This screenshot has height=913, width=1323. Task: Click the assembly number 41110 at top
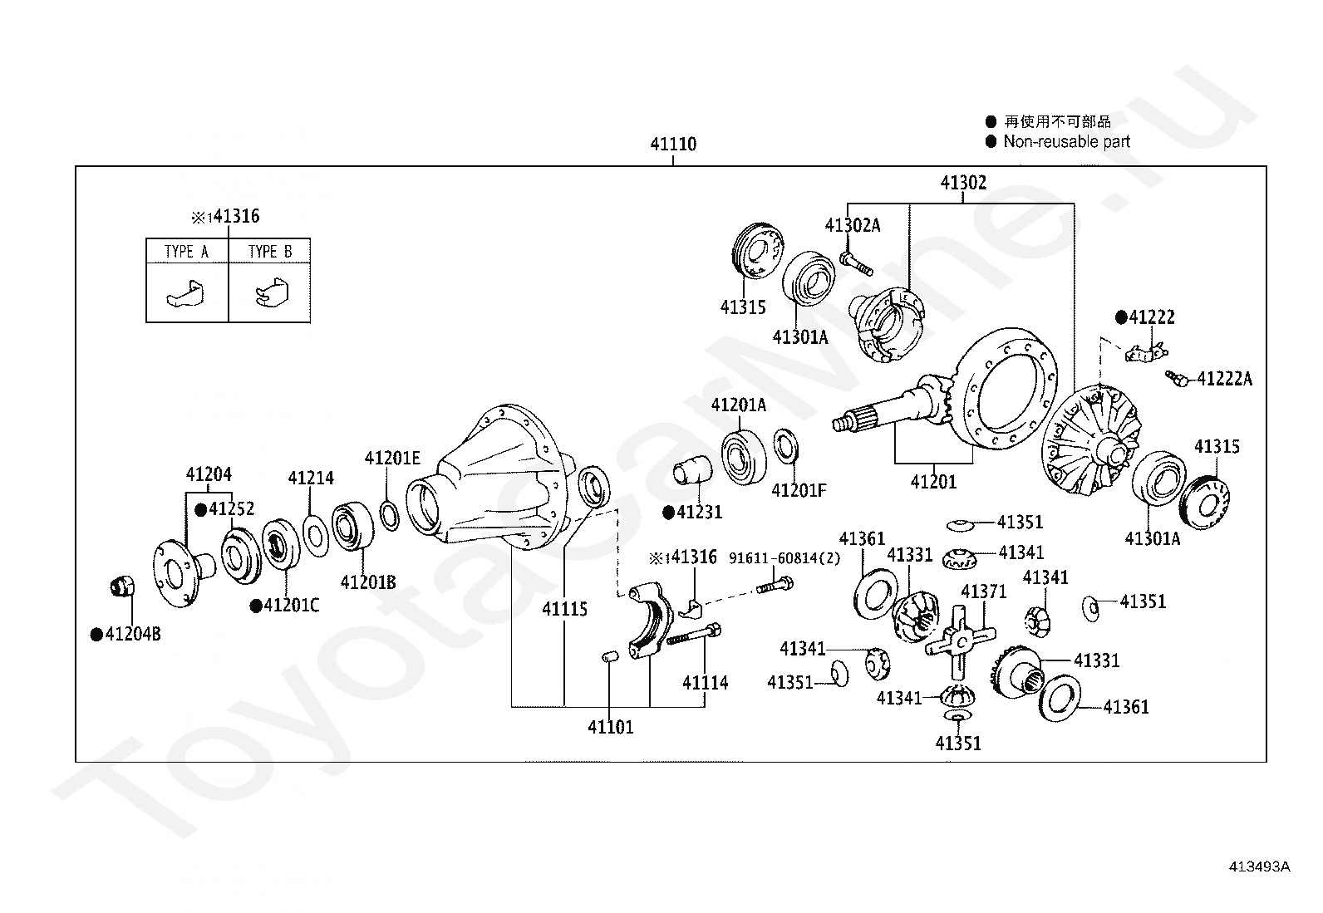pos(673,144)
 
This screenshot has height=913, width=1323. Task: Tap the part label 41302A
pos(853,225)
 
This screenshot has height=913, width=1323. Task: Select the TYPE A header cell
pos(187,251)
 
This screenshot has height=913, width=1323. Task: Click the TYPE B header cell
pos(270,251)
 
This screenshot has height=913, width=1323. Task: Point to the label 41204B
pos(133,634)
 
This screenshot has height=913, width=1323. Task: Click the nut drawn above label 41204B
pos(123,587)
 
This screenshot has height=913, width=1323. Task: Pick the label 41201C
pos(292,606)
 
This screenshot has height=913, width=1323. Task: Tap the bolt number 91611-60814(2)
pos(784,558)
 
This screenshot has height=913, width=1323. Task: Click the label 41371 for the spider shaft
pos(983,591)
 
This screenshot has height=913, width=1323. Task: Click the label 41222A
pos(1225,379)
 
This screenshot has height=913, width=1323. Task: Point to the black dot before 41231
pos(669,513)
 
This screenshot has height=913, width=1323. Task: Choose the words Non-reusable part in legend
pos(1067,142)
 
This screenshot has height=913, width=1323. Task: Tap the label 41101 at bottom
pos(610,727)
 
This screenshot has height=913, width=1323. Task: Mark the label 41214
pos(311,478)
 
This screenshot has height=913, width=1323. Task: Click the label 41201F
pos(799,490)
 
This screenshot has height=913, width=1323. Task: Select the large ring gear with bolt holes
pos(1006,388)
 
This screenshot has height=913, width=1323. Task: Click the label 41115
pos(564,609)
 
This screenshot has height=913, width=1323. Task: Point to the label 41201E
pos(392,458)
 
